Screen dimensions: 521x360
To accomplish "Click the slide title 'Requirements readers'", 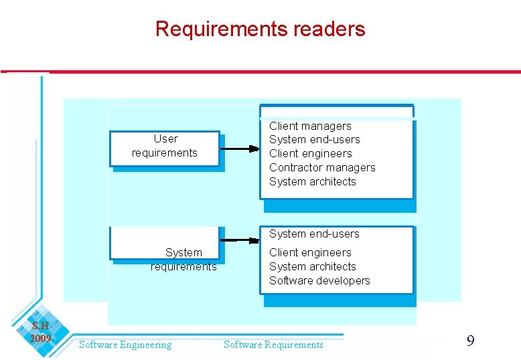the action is pyautogui.click(x=260, y=29).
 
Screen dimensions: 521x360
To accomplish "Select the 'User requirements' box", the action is pyautogui.click(x=165, y=147).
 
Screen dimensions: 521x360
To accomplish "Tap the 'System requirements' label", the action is pyautogui.click(x=183, y=260).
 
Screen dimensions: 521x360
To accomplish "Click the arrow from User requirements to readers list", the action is pyautogui.click(x=239, y=149).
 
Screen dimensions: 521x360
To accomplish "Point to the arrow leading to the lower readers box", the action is pyautogui.click(x=239, y=240).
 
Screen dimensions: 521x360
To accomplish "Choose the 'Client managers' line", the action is pyautogui.click(x=310, y=126).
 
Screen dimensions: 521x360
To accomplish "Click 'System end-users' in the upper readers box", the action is pyautogui.click(x=314, y=140).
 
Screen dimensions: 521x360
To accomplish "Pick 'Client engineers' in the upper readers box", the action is pyautogui.click(x=310, y=154).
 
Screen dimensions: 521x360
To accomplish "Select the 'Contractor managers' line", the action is pyautogui.click(x=322, y=168).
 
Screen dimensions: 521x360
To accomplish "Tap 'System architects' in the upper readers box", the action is pyautogui.click(x=312, y=182).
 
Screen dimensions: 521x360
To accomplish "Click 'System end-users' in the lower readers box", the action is pyautogui.click(x=314, y=234).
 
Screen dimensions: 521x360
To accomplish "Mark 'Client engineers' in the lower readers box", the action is pyautogui.click(x=310, y=253).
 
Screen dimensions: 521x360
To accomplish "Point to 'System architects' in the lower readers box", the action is pyautogui.click(x=312, y=267).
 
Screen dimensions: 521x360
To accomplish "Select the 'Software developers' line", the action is pyautogui.click(x=319, y=281).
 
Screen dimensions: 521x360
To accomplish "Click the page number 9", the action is pyautogui.click(x=470, y=342).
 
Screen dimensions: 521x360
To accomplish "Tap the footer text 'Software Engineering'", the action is pyautogui.click(x=125, y=345).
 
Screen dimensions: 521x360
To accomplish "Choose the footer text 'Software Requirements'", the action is pyautogui.click(x=273, y=345).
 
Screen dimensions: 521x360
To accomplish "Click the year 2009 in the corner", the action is pyautogui.click(x=40, y=339).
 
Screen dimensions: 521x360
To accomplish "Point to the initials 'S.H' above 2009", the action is pyautogui.click(x=40, y=327).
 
